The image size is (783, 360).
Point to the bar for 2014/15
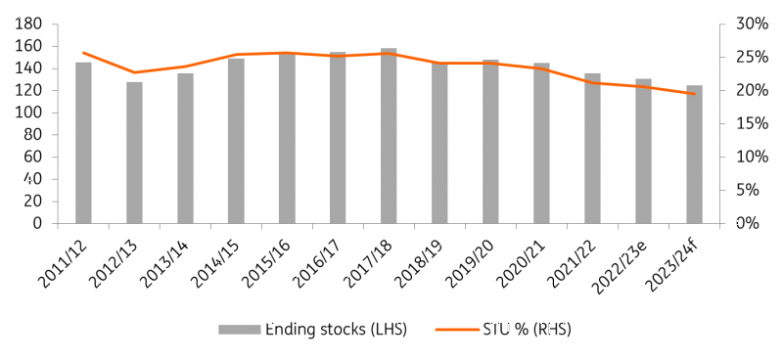[x=236, y=141]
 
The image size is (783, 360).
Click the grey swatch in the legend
[x=237, y=330]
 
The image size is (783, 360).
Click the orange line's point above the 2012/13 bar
[x=134, y=72]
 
